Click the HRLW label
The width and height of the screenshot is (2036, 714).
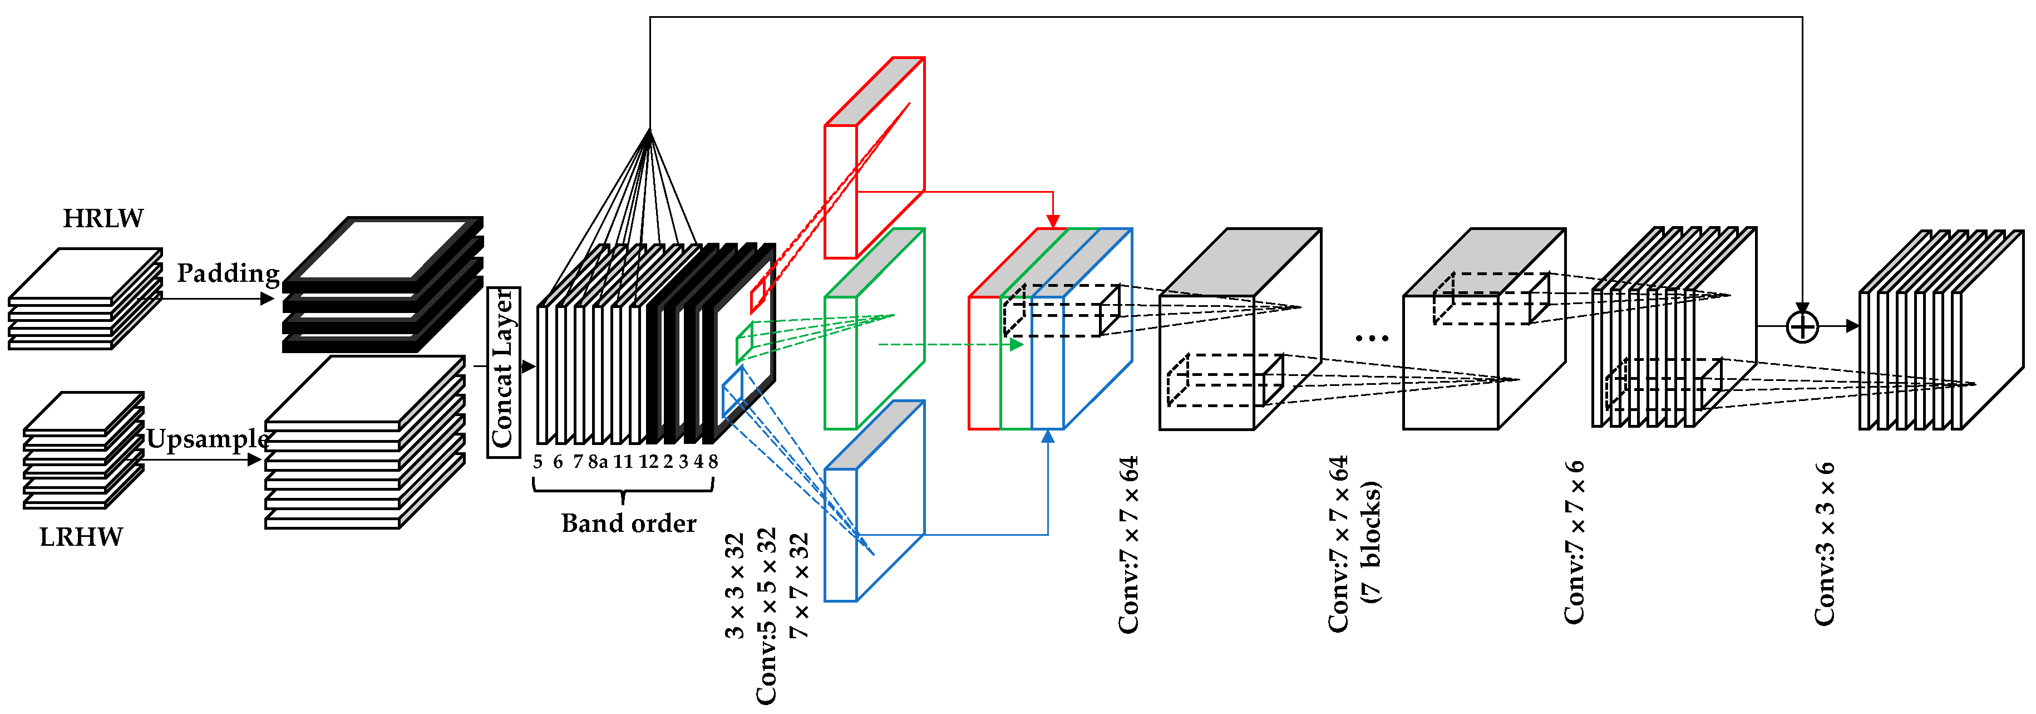103,218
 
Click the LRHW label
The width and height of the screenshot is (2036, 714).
81,537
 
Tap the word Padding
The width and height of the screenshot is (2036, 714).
228,273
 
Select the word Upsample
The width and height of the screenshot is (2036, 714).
207,438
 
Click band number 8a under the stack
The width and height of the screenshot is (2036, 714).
598,462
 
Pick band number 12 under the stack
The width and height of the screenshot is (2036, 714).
649,462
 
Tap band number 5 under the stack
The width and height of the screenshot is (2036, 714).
538,462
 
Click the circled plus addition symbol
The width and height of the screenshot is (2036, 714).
1803,326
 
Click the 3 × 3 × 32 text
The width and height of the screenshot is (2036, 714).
735,585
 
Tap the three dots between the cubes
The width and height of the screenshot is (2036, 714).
1371,339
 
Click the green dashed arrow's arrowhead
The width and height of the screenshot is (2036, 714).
1017,345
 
